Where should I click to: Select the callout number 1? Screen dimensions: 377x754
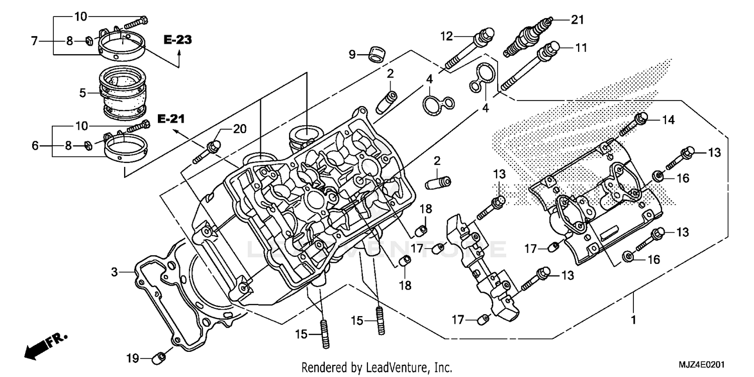click(x=633, y=319)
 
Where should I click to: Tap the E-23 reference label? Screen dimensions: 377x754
click(x=177, y=40)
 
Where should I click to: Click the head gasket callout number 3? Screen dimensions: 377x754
click(x=115, y=272)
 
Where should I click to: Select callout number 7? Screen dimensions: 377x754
click(x=35, y=41)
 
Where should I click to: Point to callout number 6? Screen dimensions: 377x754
click(x=35, y=146)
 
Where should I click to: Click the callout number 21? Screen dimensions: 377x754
click(x=578, y=20)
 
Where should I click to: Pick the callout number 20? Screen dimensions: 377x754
click(x=240, y=129)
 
